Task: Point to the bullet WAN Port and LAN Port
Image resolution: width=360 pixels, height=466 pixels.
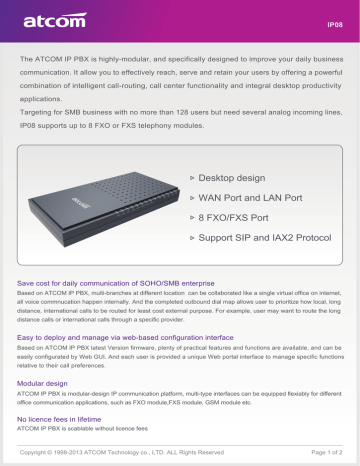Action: pyautogui.click(x=252, y=198)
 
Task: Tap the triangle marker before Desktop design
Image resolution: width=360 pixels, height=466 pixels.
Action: pyautogui.click(x=194, y=176)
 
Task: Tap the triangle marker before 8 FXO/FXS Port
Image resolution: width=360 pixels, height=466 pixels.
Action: pyautogui.click(x=194, y=219)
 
